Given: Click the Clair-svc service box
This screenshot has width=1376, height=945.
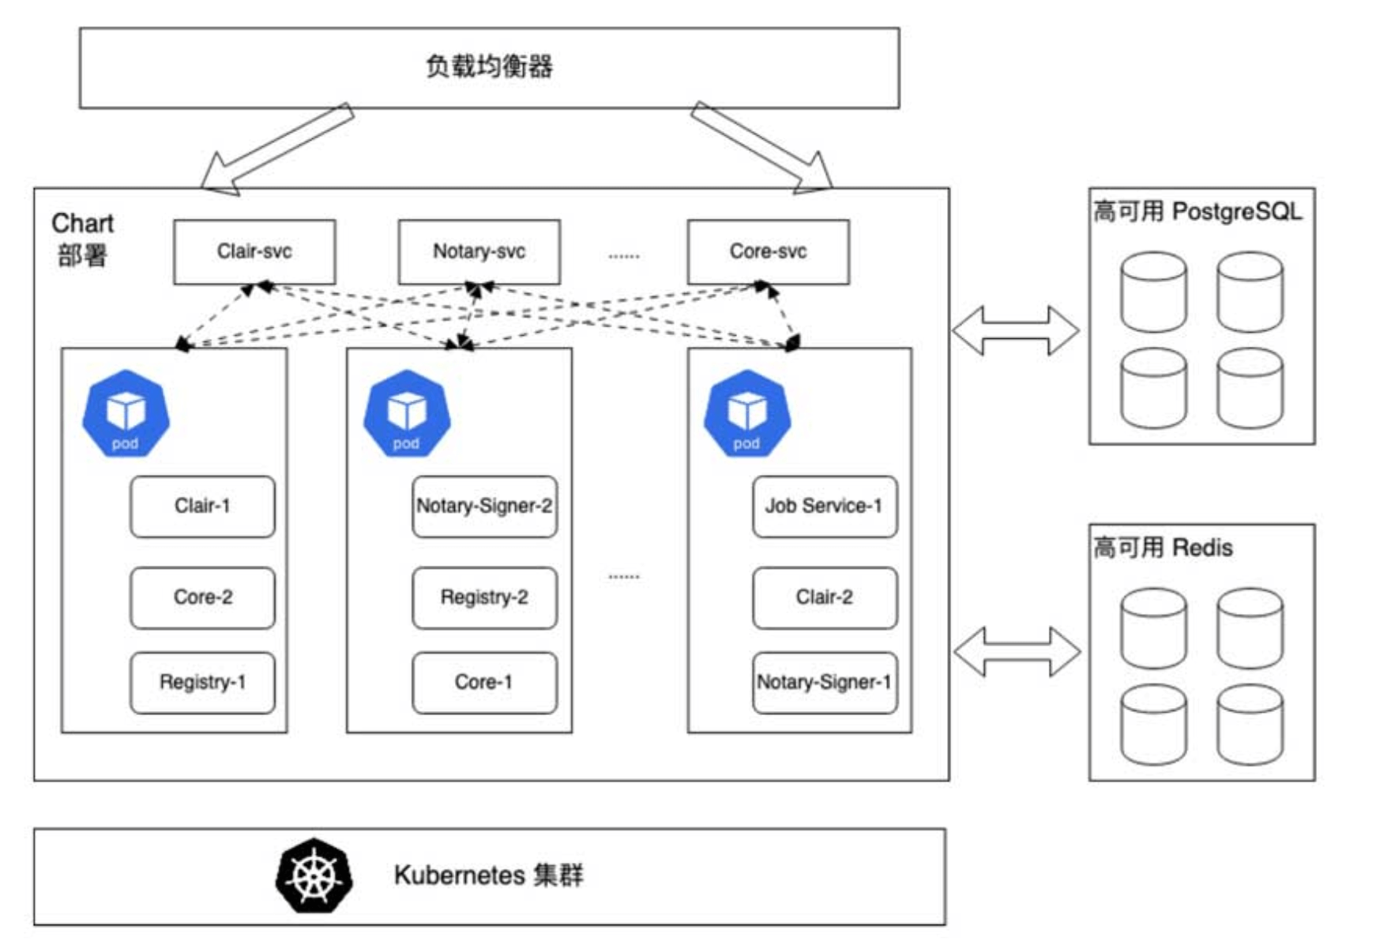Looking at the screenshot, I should pyautogui.click(x=254, y=252).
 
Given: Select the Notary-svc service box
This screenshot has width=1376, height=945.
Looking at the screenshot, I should pyautogui.click(x=479, y=252).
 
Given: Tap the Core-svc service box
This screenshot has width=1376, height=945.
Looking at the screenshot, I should pyautogui.click(x=769, y=252).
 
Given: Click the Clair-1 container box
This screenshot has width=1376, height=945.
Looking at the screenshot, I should pyautogui.click(x=203, y=506).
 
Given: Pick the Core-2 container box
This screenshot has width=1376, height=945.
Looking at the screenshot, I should pyautogui.click(x=203, y=598).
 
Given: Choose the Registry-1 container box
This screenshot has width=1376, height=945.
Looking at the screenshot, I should pyautogui.click(x=203, y=683).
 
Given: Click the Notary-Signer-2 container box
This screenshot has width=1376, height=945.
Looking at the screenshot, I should pyautogui.click(x=484, y=506).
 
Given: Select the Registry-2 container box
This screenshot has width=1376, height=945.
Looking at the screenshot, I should pyautogui.click(x=484, y=598).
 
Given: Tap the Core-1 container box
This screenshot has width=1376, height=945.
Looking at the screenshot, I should pyautogui.click(x=484, y=683).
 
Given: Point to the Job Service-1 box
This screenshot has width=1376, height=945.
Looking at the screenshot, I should pyautogui.click(x=825, y=506).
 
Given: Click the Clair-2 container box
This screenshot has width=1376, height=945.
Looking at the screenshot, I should pyautogui.click(x=825, y=598).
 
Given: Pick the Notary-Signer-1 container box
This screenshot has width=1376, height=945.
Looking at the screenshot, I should pyautogui.click(x=825, y=683).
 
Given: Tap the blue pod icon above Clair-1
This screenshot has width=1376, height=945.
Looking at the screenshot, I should pyautogui.click(x=126, y=413).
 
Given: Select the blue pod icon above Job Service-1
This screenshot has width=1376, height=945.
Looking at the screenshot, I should pyautogui.click(x=747, y=413).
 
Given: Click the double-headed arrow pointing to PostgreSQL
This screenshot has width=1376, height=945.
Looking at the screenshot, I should pyautogui.click(x=1016, y=330).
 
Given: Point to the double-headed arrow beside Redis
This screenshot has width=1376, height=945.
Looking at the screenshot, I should pyautogui.click(x=1017, y=652).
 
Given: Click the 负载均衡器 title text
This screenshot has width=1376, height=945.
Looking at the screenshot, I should pyautogui.click(x=489, y=66).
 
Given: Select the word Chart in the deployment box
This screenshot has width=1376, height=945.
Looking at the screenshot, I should pyautogui.click(x=83, y=224).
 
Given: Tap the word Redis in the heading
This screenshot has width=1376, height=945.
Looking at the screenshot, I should pyautogui.click(x=1202, y=548).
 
